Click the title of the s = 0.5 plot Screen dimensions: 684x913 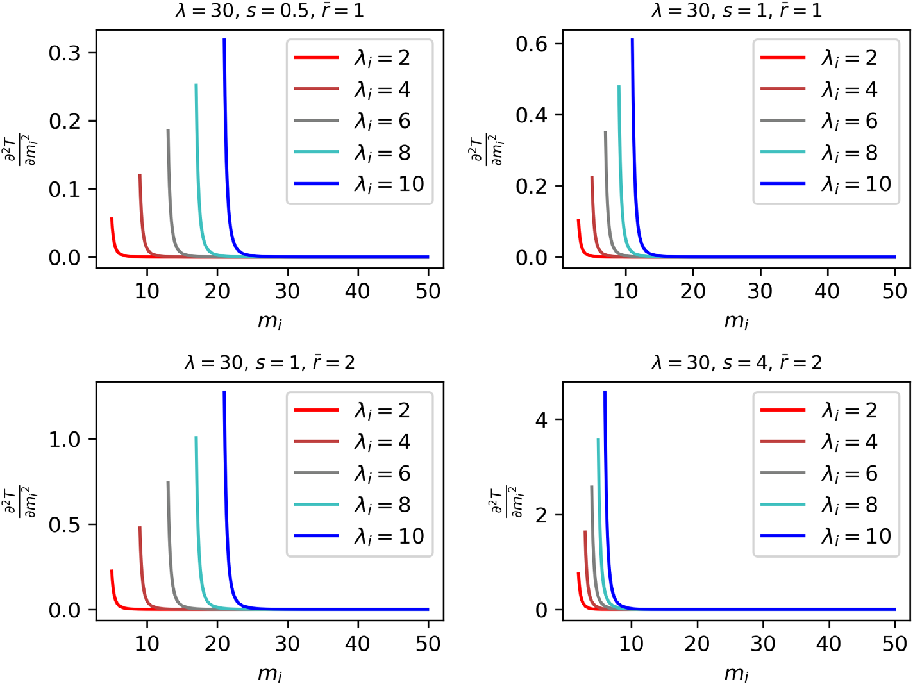tap(269, 10)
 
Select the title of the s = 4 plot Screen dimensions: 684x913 tap(736, 363)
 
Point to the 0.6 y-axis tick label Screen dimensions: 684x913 tap(532, 44)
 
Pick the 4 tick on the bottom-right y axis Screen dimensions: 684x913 tap(541, 420)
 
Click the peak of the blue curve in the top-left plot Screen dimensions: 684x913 tap(224, 40)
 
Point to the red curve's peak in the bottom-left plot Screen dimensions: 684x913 tap(112, 571)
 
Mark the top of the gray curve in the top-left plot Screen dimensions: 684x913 tap(168, 130)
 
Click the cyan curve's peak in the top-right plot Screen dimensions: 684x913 tap(619, 87)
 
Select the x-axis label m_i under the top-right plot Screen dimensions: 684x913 tap(736, 319)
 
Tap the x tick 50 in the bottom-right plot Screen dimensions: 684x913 tap(894, 643)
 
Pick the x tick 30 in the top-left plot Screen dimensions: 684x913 tap(287, 291)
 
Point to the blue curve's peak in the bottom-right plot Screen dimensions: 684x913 tap(605, 392)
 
